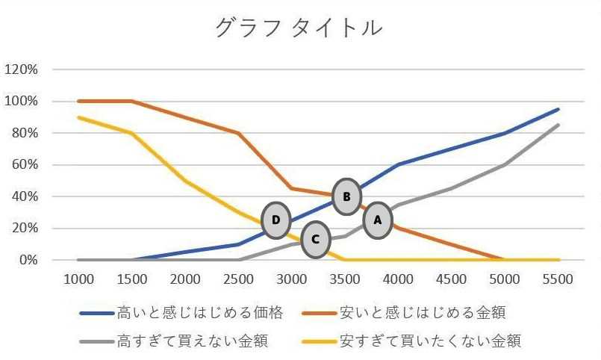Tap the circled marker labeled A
point(377,220)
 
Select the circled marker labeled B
point(346,197)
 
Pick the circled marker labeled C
point(316,239)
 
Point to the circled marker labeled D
point(276,220)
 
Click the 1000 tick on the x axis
point(79,280)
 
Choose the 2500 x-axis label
point(238,280)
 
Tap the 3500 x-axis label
point(344,280)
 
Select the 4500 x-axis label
point(451,280)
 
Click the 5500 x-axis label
point(557,280)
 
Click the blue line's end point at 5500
point(558,109)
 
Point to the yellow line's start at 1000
point(79,117)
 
